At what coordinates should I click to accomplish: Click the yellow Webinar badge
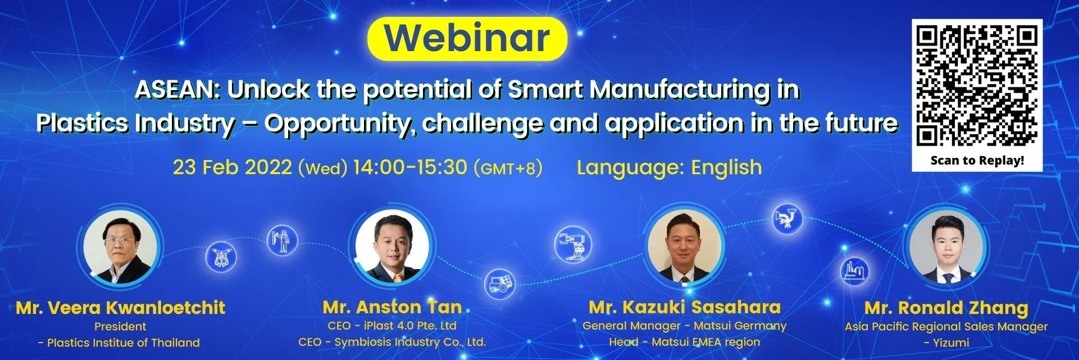pos(467,39)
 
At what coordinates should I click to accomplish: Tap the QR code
pos(977,86)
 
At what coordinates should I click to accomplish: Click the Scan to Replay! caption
pos(977,160)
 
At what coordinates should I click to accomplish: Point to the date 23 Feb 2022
pos(232,167)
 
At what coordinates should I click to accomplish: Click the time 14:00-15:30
pos(410,167)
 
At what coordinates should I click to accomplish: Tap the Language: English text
pos(669,167)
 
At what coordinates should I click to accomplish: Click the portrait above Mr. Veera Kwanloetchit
pos(120,247)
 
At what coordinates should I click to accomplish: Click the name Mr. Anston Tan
pos(392,307)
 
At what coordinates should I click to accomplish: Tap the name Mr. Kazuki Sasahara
pos(685,307)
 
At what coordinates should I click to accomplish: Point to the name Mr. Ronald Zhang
pos(946,308)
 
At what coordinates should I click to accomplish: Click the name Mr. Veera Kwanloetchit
pos(120,308)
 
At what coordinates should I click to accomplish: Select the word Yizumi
pos(951,343)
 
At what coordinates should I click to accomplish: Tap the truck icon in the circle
pos(499,283)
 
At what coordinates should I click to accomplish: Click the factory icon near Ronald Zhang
pos(855,271)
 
